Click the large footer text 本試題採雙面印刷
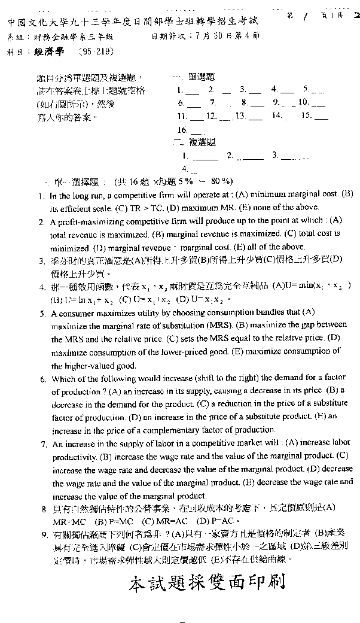point(207,582)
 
